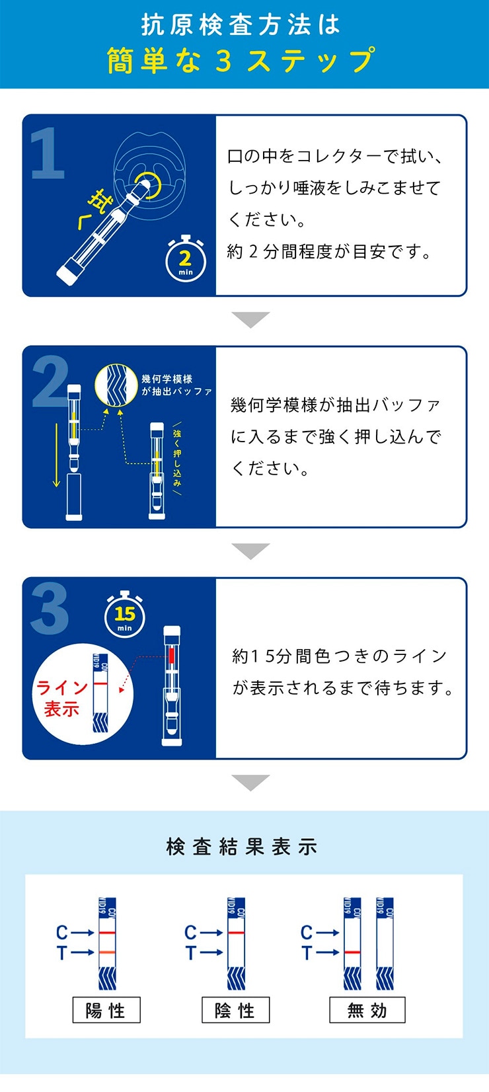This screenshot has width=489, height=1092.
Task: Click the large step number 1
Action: [48, 153]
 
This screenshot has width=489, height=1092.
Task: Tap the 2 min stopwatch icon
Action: [185, 259]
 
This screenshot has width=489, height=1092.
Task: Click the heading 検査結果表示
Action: [242, 847]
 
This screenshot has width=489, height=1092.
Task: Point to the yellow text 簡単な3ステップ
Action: [241, 60]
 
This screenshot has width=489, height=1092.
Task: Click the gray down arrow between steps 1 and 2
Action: [250, 319]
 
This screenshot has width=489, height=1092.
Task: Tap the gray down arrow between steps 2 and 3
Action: [250, 551]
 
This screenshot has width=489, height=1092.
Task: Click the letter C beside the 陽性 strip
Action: [62, 933]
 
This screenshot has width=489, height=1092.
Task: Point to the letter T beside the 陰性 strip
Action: [190, 953]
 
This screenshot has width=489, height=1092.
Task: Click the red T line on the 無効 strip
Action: [352, 952]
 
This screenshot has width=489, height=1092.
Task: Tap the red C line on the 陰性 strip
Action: [236, 933]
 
